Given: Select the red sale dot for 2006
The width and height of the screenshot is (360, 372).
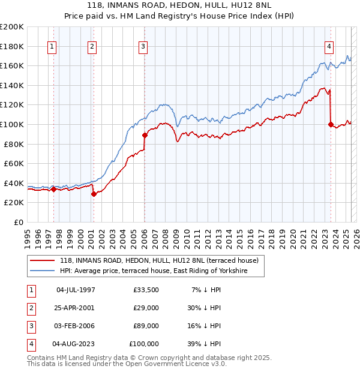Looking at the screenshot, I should [x=145, y=135].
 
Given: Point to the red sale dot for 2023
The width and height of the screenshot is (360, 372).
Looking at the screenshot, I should [x=331, y=124].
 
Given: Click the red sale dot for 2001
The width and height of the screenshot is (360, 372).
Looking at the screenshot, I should [x=94, y=194].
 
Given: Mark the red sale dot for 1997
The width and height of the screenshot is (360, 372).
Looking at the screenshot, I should [x=53, y=190].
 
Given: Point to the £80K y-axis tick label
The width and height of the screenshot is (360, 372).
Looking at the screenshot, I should [x=13, y=144].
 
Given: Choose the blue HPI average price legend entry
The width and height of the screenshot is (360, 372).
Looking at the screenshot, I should [x=161, y=271].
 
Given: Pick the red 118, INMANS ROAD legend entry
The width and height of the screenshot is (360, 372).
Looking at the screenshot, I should [x=158, y=260].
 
